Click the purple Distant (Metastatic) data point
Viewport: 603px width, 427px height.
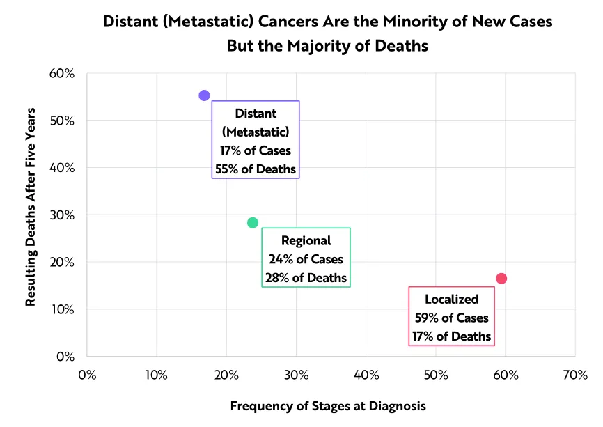pos(204,95)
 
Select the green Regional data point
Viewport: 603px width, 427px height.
pos(253,223)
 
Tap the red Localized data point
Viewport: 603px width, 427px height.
pos(501,279)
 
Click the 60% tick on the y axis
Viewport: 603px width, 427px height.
pos(62,73)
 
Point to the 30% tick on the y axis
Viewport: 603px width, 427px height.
pos(62,215)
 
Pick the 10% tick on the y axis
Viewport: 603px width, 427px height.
pos(62,309)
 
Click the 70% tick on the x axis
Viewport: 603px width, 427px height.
pos(574,375)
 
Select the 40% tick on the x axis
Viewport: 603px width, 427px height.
pos(366,375)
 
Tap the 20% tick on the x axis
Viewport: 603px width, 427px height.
pos(226,375)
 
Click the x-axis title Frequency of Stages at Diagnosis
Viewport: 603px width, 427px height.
pos(328,405)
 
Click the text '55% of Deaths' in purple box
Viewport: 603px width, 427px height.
pos(256,169)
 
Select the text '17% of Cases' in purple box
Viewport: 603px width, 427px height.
pos(256,150)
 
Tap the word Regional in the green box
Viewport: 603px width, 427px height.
pos(306,241)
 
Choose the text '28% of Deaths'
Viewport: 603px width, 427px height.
pos(306,278)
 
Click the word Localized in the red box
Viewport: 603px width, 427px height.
pos(452,300)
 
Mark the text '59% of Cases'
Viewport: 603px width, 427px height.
pos(452,318)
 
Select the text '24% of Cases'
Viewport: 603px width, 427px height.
pos(306,259)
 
